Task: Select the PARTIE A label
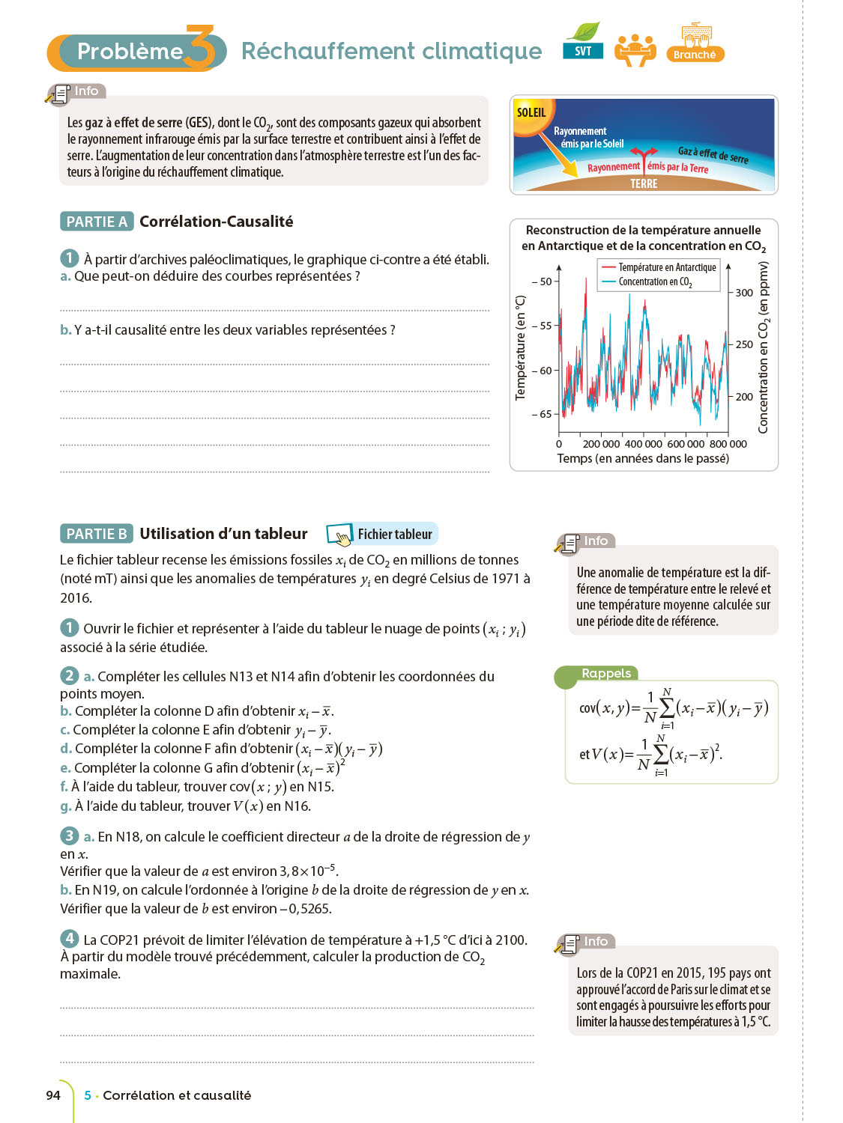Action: point(97,222)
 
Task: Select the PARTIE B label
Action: point(97,534)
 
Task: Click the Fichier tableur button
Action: point(382,534)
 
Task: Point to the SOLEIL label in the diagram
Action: point(531,112)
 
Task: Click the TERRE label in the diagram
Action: point(644,183)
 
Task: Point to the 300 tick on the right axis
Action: point(743,293)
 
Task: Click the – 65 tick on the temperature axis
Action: point(541,414)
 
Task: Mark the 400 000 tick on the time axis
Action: point(644,444)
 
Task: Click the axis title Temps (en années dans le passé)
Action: point(643,458)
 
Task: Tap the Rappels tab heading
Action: point(606,673)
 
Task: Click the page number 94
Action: point(53,1095)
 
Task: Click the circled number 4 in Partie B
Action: point(69,939)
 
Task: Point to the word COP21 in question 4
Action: point(116,940)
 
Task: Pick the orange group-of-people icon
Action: point(635,49)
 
